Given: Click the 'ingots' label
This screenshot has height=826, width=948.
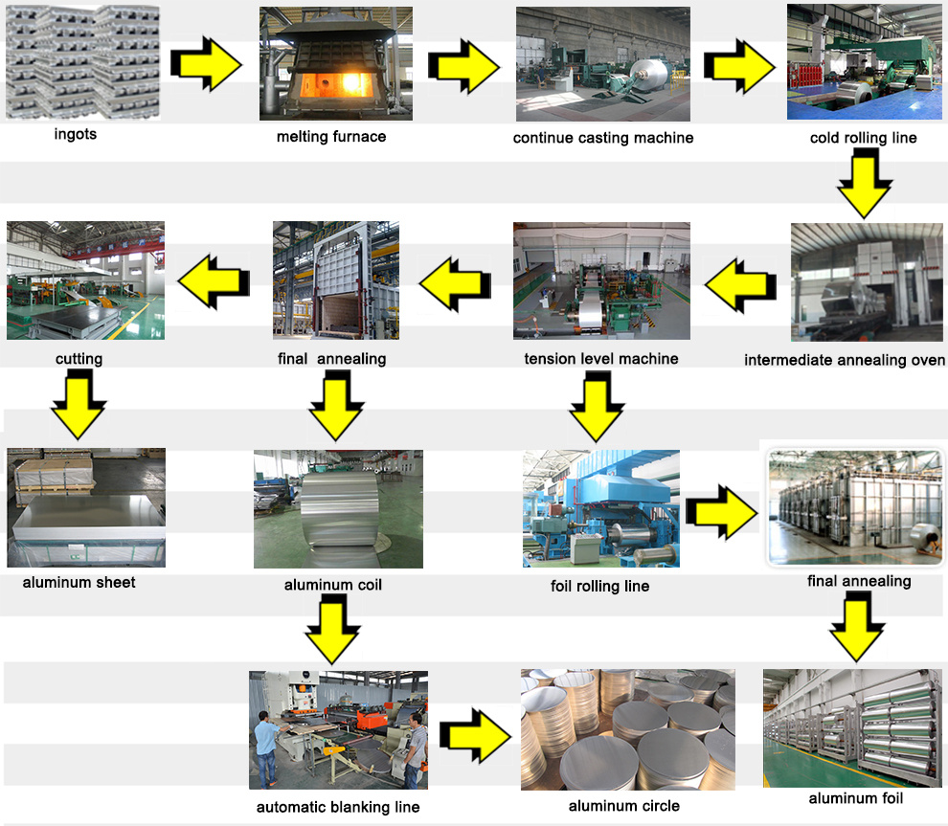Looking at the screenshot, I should click(x=75, y=134).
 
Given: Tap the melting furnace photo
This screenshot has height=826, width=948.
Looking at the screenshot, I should click(x=335, y=63).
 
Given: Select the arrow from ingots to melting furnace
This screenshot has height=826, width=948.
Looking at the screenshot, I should click(x=206, y=63).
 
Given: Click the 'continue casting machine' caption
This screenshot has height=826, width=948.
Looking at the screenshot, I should click(x=603, y=138).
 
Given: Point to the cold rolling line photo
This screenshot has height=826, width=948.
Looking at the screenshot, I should click(x=864, y=63).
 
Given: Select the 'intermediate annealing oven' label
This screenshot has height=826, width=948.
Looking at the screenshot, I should click(x=845, y=361).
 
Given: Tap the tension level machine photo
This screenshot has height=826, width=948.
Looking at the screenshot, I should click(x=601, y=280).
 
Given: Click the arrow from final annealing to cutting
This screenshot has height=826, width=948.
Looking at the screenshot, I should click(x=214, y=280).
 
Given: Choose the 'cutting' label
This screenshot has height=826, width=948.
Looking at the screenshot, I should click(x=79, y=360).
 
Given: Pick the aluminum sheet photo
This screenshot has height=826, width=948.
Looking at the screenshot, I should click(x=85, y=507).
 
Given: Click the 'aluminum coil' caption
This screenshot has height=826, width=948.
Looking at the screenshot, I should click(x=333, y=584).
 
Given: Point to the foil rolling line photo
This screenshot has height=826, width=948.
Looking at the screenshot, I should click(x=601, y=508).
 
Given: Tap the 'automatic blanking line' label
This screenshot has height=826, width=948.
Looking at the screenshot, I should click(x=338, y=807).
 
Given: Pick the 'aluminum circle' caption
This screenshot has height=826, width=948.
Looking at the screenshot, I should click(x=624, y=806).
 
